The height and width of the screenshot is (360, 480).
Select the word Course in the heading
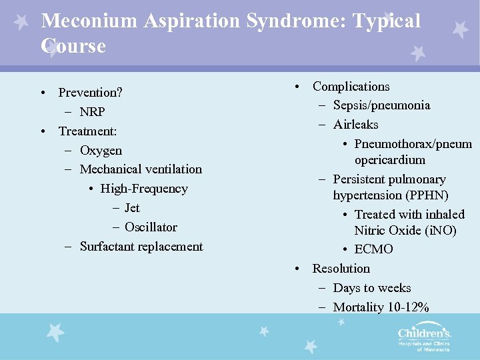coord(73,46)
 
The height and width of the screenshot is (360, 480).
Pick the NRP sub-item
coord(92,111)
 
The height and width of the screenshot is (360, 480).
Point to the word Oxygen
coord(101,150)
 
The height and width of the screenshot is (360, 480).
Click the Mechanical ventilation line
coord(140,169)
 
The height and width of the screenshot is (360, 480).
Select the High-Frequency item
coord(144,189)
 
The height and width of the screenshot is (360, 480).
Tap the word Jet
coord(132,208)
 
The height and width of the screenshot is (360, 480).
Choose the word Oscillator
coord(151,227)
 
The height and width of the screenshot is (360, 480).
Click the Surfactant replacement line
coord(141,247)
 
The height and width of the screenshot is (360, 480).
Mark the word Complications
coord(351,87)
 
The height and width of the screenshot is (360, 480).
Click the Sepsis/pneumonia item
coord(381,105)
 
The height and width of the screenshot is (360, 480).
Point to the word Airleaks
coord(355,125)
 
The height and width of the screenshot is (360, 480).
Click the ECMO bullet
coord(373,249)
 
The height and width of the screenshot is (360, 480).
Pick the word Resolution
coord(341,269)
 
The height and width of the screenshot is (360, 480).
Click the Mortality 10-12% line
coord(381,307)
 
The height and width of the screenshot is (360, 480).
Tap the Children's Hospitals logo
coord(424,338)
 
